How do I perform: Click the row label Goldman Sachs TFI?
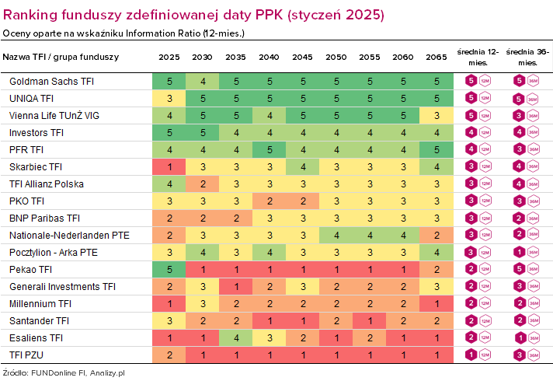tap(51, 82)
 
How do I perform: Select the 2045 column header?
tap(303, 58)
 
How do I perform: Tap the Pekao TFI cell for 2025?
tap(169, 270)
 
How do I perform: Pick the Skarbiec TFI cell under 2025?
tap(169, 167)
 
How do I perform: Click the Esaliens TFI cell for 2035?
tap(236, 338)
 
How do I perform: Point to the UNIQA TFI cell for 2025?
tap(169, 99)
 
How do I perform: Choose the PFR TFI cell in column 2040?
tap(270, 150)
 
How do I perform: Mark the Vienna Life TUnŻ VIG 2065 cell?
tap(436, 116)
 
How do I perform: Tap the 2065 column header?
tap(436, 58)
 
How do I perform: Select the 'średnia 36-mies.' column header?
tap(527, 57)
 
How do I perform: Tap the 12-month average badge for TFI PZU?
tap(470, 355)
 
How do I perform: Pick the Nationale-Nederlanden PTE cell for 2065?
tap(436, 236)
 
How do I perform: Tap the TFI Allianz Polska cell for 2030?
tap(203, 184)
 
